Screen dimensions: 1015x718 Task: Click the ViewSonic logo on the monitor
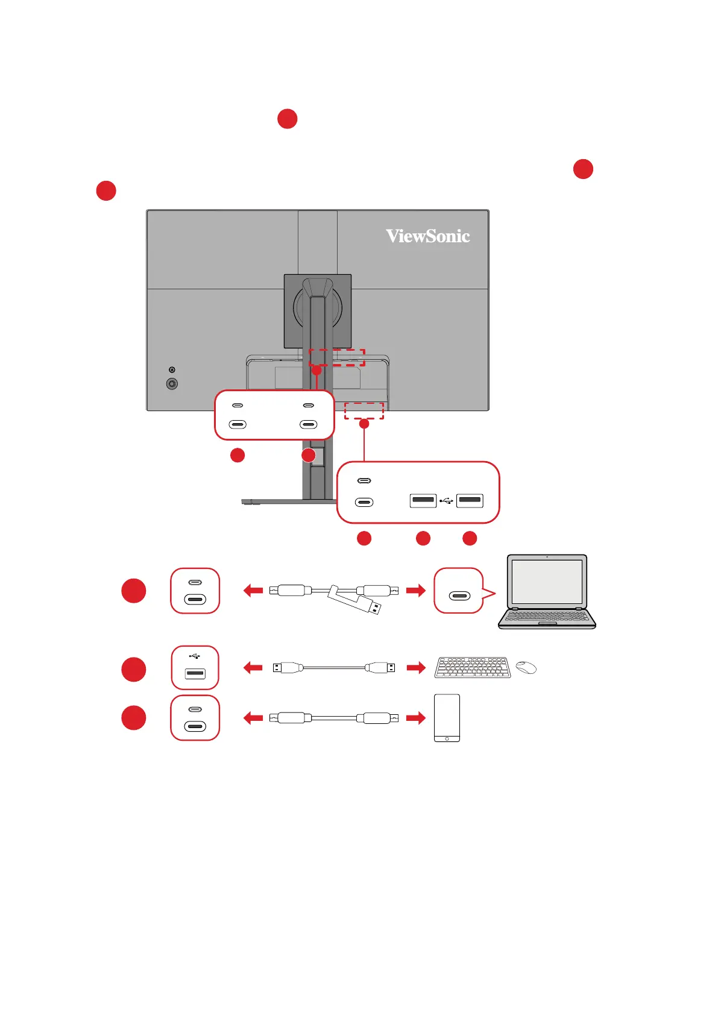428,236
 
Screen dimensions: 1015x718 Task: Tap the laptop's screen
546,582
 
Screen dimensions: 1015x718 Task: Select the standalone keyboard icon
472,668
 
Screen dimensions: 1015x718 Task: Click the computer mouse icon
526,667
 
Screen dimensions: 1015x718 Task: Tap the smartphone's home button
447,738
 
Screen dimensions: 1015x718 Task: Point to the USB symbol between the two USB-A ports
446,500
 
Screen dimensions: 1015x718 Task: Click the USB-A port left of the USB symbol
423,500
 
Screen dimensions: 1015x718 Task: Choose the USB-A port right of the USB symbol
470,500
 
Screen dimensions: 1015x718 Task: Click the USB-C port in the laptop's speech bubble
459,596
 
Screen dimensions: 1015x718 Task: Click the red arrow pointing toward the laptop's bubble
415,591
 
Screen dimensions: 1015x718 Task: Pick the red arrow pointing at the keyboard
415,668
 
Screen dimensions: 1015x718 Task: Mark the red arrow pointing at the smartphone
415,718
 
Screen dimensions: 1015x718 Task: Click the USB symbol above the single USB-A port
194,656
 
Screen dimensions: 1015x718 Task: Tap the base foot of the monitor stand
283,501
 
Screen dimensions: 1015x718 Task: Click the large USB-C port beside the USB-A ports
364,502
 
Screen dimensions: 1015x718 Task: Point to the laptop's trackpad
547,624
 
